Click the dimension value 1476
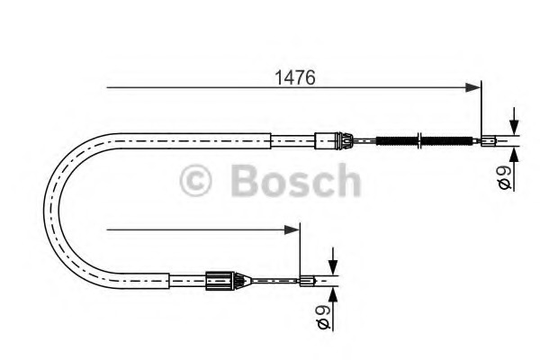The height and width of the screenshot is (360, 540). (x=295, y=77)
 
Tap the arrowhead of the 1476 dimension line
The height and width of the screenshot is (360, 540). (x=472, y=87)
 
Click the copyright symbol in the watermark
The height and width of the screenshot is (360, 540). (x=195, y=181)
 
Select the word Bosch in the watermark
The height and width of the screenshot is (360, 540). (x=296, y=180)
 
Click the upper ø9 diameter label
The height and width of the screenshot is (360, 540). (x=505, y=177)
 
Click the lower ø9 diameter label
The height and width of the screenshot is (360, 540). (x=323, y=318)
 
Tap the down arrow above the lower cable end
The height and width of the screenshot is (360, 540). (x=333, y=261)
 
